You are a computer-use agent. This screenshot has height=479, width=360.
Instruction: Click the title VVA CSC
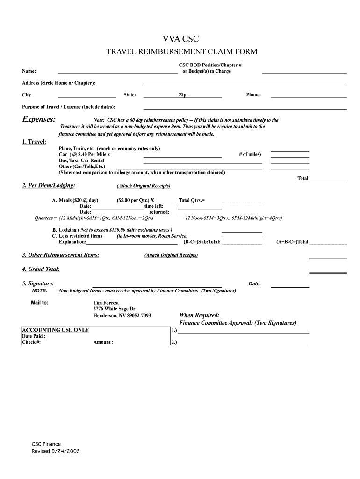(180, 39)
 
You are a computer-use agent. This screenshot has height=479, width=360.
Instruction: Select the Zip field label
(183, 95)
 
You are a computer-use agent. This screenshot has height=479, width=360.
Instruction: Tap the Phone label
(253, 95)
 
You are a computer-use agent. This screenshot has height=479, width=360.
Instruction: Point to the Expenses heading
(39, 120)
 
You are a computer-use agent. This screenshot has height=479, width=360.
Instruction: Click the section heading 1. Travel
(34, 142)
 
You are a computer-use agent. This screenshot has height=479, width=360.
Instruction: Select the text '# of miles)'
(250, 154)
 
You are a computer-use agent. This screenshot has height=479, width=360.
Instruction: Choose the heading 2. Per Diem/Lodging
(49, 186)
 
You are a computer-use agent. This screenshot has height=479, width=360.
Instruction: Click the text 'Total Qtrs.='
(192, 200)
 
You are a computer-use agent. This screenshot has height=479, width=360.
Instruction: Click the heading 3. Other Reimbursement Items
(60, 255)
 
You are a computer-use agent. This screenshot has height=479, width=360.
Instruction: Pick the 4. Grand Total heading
(41, 269)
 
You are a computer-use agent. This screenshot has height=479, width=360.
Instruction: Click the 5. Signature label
(38, 283)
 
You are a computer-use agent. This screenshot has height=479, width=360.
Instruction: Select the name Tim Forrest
(106, 303)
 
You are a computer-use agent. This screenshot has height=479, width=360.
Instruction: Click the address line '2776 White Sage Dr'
(115, 309)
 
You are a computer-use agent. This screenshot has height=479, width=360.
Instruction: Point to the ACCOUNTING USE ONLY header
(56, 330)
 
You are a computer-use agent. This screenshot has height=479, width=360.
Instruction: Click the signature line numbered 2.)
(243, 343)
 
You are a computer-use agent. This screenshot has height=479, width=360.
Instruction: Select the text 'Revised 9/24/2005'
(52, 451)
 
